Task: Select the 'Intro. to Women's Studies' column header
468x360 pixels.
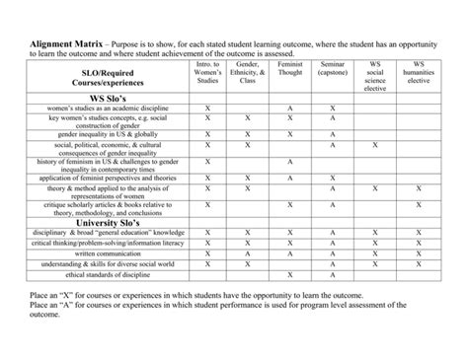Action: click(207, 73)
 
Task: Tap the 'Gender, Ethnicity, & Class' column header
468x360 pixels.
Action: click(248, 73)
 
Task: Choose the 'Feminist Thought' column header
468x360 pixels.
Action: click(290, 69)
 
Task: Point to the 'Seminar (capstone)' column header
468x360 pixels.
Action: click(333, 69)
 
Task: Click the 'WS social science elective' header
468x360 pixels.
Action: click(375, 76)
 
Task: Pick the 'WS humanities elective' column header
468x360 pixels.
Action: click(419, 73)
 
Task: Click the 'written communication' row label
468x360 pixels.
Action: click(109, 253)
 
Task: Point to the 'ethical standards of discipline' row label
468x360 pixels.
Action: click(109, 275)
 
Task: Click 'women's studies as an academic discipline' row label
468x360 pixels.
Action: click(109, 108)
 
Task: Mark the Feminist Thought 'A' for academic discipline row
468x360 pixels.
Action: click(290, 108)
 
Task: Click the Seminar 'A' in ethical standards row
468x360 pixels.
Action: click(333, 275)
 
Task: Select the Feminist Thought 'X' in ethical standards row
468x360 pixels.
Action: click(290, 275)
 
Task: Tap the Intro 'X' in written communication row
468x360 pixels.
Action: click(207, 253)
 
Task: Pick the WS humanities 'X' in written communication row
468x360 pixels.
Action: click(419, 253)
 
